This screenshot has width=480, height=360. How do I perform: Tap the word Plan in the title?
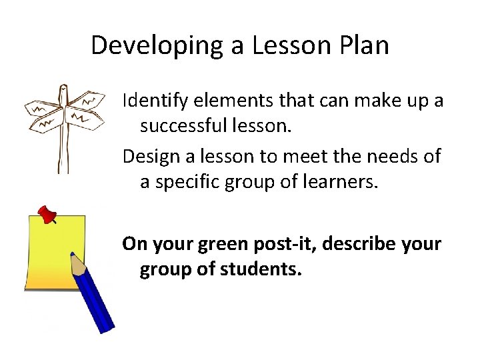[x=363, y=45]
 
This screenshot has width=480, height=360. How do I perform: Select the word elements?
[x=217, y=101]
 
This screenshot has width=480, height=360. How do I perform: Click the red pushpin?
[x=46, y=215]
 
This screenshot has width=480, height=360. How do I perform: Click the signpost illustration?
[x=63, y=123]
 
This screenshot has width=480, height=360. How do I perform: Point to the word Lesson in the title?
[x=297, y=45]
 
